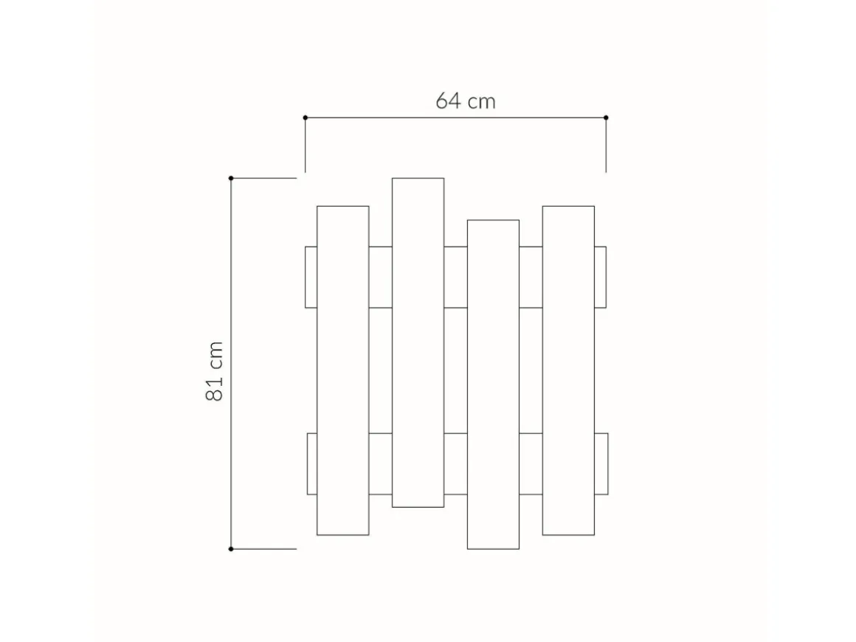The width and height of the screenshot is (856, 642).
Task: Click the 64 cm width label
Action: point(466,101)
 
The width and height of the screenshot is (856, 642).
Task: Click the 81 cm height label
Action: point(215,371)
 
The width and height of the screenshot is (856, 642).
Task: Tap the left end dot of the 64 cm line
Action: point(306,117)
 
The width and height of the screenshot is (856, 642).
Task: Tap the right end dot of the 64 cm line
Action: point(606,117)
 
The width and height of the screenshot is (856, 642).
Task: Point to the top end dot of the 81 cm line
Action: point(231,178)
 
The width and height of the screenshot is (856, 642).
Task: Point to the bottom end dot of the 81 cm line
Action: point(231,548)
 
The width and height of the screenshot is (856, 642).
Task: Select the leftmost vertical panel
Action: point(343,370)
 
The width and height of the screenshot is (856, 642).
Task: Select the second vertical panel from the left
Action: point(418,342)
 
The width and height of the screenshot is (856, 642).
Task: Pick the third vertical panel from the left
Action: point(493,384)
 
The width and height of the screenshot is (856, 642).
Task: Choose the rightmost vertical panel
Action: point(568,370)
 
